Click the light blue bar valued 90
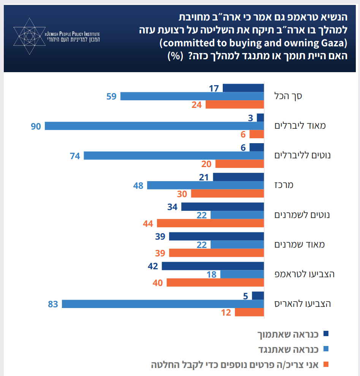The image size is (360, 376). [154, 126]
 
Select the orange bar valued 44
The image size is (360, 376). [210, 223]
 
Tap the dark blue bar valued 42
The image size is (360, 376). [213, 266]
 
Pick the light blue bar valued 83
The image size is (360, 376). [163, 304]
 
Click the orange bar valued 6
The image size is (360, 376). [257, 134]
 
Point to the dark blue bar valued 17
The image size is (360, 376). [243, 88]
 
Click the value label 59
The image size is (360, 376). [111, 96]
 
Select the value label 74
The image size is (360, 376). [75, 155]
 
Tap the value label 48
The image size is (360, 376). [138, 185]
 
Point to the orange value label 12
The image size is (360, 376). [226, 313]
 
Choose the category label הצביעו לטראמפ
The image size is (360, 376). [304, 274]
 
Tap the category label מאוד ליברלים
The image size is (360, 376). [300, 126]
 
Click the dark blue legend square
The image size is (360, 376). [325, 334]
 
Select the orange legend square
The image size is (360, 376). [325, 365]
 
